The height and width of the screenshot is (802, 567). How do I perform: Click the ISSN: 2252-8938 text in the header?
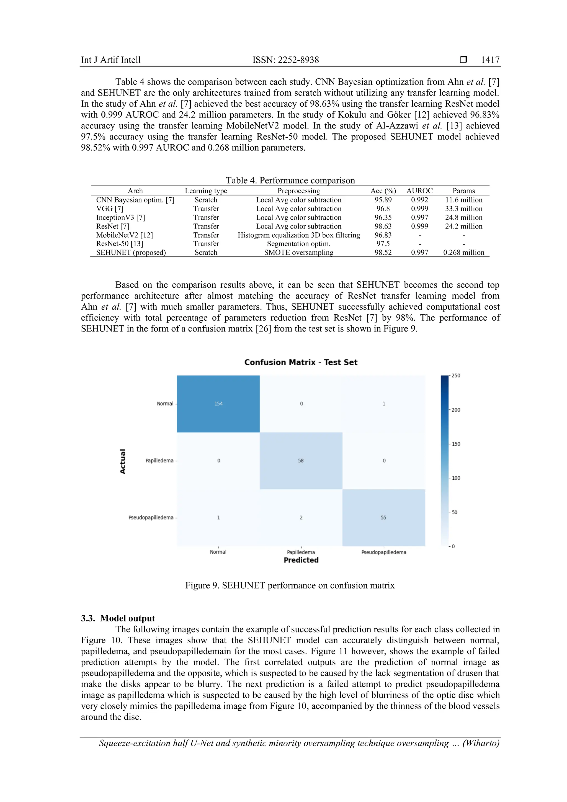[286, 60]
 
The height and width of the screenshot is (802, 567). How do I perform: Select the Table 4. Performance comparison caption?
[290, 180]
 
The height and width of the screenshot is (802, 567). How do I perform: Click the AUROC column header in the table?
[419, 191]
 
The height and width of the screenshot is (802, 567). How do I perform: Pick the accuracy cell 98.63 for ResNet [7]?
[383, 226]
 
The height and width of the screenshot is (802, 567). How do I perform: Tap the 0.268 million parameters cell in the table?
[464, 253]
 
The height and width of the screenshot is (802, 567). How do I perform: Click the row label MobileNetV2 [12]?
[125, 235]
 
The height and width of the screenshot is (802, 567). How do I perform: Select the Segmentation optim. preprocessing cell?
[298, 244]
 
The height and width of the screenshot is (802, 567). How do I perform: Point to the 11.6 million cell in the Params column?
[464, 200]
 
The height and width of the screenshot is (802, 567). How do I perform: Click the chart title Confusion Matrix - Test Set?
[301, 362]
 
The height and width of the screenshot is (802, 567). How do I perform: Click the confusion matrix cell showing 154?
[218, 404]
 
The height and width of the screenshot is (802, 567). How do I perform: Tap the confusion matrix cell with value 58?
[301, 461]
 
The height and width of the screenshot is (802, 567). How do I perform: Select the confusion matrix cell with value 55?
[383, 518]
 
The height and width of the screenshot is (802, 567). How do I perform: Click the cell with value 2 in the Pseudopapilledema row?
[301, 518]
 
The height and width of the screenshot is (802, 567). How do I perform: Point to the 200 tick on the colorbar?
[456, 410]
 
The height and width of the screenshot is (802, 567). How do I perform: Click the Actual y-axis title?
[123, 461]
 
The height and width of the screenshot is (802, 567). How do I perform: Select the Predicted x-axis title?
[301, 560]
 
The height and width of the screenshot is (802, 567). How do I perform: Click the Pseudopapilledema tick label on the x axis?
[383, 552]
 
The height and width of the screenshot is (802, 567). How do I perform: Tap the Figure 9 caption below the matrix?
[290, 585]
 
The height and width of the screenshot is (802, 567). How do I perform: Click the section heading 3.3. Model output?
[118, 618]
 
